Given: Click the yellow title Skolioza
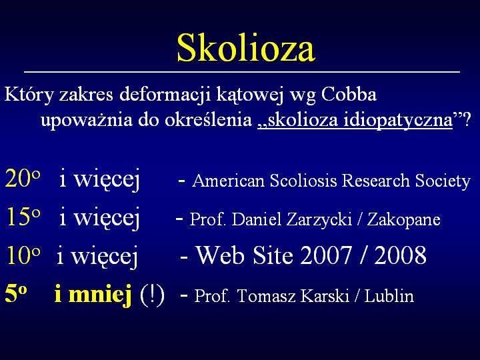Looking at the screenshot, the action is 246,48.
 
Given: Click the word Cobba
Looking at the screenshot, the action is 349,94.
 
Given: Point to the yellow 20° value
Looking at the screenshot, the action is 23,178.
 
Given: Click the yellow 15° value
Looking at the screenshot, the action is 23,217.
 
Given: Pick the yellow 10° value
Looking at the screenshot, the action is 23,255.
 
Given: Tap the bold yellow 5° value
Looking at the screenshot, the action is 15,294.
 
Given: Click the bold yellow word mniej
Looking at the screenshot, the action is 100,295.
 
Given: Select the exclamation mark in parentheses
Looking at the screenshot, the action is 152,295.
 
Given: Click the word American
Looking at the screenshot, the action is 228,180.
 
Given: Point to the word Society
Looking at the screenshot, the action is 443,181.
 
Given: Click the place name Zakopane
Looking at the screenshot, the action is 404,220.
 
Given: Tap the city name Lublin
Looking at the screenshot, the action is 389,296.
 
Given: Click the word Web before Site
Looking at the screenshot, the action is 220,255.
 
